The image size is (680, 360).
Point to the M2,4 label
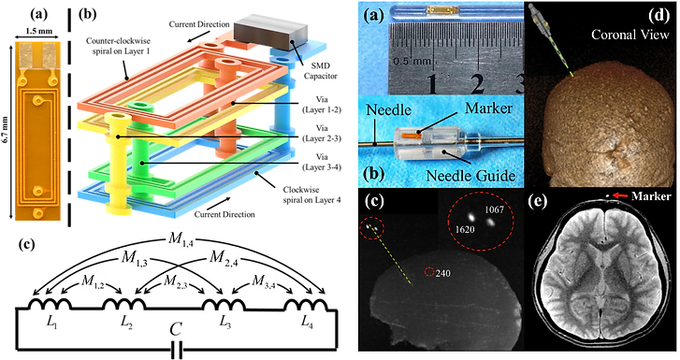point(221,257)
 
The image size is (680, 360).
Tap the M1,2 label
point(93,281)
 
